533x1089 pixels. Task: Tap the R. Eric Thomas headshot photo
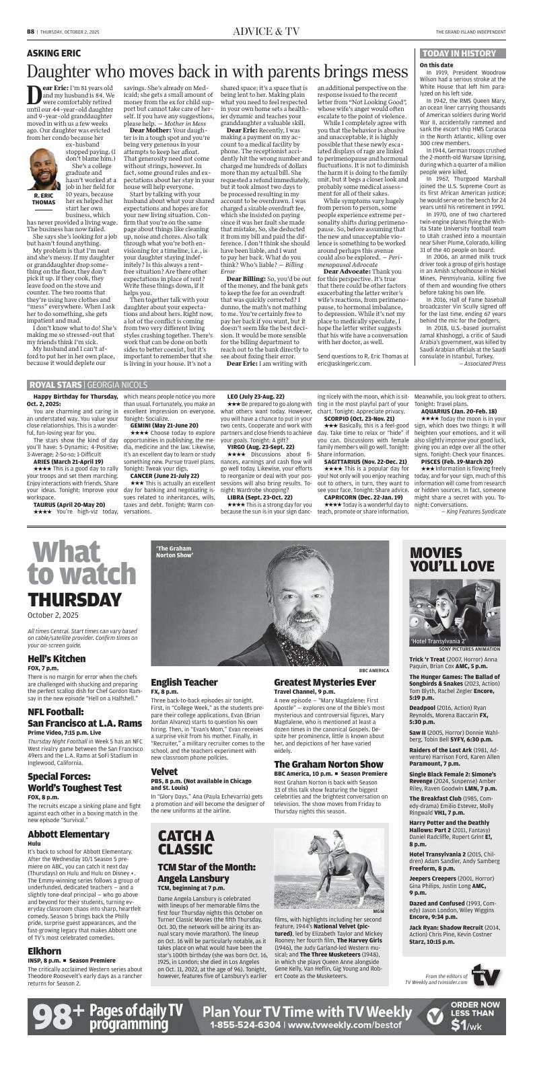coord(44,169)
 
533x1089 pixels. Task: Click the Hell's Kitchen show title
coord(57,658)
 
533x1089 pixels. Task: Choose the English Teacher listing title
coord(184,682)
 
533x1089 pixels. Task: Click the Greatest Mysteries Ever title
coord(324,682)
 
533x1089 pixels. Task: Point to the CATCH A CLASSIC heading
coord(186,842)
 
